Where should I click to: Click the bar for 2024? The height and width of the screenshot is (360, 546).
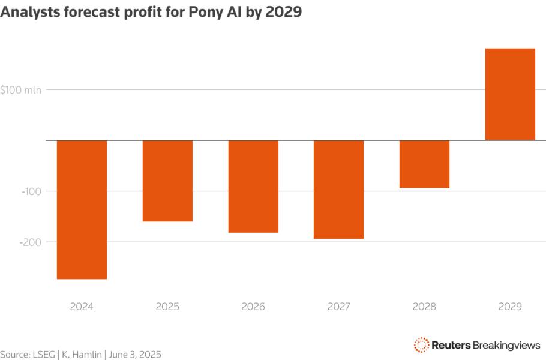point(82,209)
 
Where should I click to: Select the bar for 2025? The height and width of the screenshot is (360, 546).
point(167,181)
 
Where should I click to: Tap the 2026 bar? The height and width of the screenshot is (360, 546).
point(253,186)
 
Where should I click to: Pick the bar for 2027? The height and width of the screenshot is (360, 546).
point(338,190)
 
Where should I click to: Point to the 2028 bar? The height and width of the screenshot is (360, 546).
point(424,164)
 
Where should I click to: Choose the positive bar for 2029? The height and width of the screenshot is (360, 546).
point(510,94)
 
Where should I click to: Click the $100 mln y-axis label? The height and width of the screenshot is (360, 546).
point(20,90)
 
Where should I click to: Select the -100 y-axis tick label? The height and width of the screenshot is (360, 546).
point(30,191)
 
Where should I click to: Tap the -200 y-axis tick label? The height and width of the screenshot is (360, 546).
point(30,242)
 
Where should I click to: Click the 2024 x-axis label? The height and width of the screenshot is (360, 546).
point(82,306)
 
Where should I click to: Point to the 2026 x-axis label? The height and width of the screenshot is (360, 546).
point(253,306)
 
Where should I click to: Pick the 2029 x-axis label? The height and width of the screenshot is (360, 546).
point(510,306)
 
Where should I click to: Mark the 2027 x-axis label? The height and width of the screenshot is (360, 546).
point(338,306)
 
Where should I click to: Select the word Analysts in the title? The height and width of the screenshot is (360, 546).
point(28,13)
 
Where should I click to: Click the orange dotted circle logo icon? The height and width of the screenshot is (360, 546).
point(421,344)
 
